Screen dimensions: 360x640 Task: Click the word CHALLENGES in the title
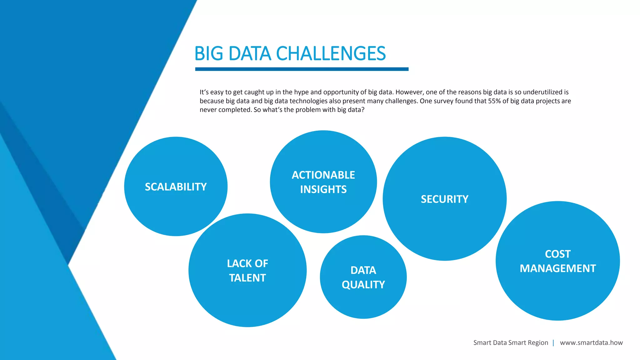tap(331, 53)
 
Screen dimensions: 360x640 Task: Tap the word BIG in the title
tap(208, 53)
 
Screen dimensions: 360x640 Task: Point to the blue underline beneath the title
tap(302, 69)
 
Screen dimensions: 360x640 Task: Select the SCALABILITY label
tap(176, 187)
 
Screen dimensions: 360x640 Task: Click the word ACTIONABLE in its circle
tap(323, 175)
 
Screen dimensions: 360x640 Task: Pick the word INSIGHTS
tap(323, 189)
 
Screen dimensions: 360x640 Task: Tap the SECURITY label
tap(444, 199)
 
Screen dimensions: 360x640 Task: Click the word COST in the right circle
tap(557, 254)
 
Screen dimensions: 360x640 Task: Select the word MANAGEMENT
tap(557, 268)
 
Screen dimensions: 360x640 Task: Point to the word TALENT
tap(247, 278)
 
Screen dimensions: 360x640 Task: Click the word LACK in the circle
tap(237, 263)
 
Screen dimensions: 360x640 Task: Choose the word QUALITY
tap(363, 285)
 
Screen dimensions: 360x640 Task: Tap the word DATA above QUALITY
tap(363, 270)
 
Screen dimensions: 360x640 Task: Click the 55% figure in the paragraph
tap(494, 101)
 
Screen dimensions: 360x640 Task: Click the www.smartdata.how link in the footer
tap(591, 342)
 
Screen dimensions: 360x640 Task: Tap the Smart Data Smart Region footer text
tap(511, 342)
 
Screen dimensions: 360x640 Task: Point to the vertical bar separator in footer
tap(553, 342)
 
